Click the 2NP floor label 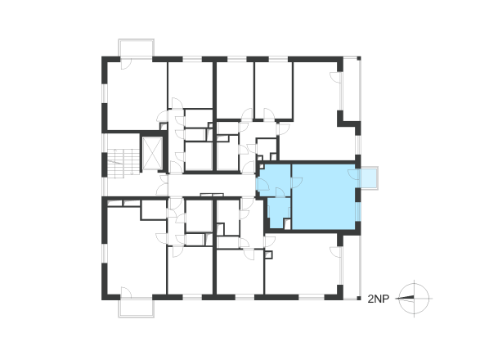[x=378, y=299]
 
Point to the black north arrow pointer [x=406, y=298]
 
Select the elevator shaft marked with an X [x=152, y=153]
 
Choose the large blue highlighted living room [x=324, y=196]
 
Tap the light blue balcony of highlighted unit [x=369, y=178]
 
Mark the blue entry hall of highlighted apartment [x=274, y=181]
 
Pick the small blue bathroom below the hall [x=279, y=213]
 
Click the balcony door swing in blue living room [x=353, y=174]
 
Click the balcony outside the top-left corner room [x=137, y=47]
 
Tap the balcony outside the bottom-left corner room [x=137, y=308]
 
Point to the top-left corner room [x=137, y=96]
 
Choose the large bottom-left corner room [x=137, y=251]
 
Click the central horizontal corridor [x=212, y=185]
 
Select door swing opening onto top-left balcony [x=126, y=64]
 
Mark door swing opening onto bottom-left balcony [x=126, y=292]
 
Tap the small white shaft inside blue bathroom [x=287, y=224]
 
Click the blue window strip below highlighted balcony [x=358, y=211]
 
